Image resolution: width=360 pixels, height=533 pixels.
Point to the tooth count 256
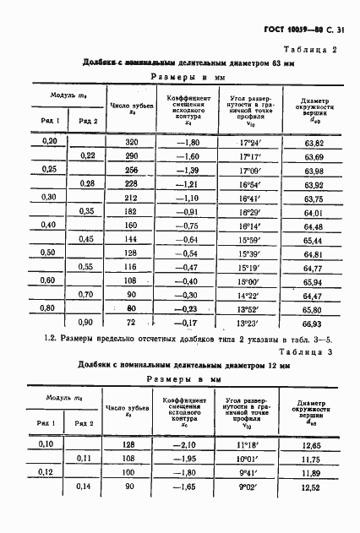[130, 169]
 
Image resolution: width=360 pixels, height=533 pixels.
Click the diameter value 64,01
[314, 211]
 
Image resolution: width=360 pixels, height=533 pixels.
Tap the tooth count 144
[130, 239]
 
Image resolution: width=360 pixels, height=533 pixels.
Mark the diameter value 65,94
[314, 281]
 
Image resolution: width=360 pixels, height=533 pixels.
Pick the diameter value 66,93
[314, 323]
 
